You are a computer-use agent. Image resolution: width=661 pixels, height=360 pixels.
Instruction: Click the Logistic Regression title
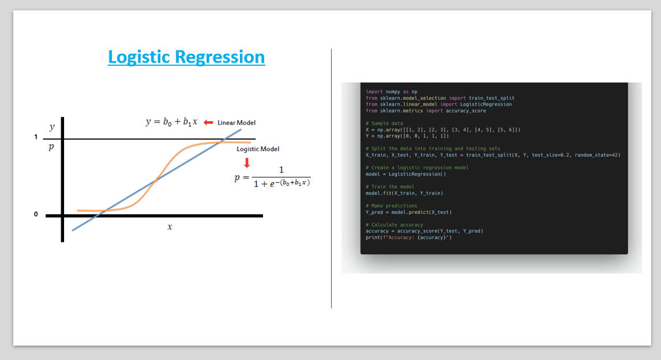coord(186,57)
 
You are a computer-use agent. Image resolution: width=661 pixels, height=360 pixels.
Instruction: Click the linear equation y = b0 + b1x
coord(171,122)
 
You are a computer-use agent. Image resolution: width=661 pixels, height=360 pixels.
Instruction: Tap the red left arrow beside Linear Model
coord(208,122)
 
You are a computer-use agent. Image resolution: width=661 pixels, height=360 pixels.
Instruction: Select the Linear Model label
coord(236,122)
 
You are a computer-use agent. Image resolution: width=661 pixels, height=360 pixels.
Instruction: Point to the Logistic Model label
coord(258,149)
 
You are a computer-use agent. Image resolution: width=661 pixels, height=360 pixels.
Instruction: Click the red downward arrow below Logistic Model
coord(247,162)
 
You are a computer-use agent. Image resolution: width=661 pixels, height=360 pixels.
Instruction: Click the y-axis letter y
coord(52,127)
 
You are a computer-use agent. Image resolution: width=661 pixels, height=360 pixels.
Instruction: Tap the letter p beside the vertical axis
coord(51,147)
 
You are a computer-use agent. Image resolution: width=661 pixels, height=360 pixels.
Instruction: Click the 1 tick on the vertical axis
coord(36,137)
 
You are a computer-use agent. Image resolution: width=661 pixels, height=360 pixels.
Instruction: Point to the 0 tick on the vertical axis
coord(36,215)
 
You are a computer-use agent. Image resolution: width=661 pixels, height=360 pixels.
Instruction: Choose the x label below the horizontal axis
coord(170,227)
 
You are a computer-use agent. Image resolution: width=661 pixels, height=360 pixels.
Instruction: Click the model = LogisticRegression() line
coord(405,174)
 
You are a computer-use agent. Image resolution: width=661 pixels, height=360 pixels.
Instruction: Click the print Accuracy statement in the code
coord(408,237)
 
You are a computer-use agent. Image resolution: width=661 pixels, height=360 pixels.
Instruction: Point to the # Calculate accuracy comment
coord(394,225)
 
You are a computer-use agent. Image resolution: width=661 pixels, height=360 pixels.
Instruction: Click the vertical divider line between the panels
coord(331,179)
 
